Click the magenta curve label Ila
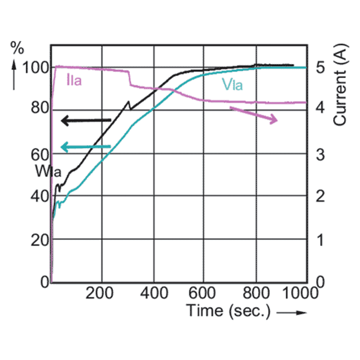coord(74,81)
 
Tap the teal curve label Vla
coord(233,86)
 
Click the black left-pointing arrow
coord(86,120)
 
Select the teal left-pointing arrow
coord(86,147)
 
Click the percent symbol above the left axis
coord(17,48)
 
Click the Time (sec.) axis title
coord(228,311)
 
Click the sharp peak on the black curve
coord(128,101)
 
